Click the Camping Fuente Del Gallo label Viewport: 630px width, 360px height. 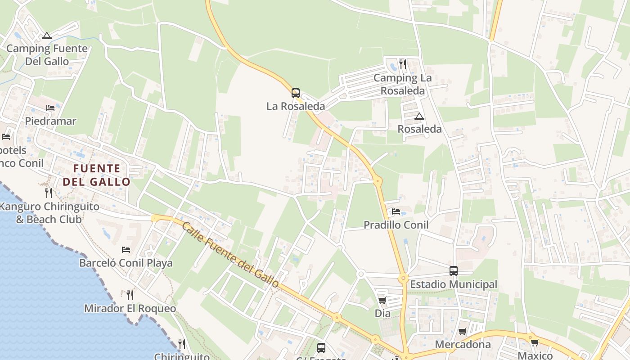(x=47, y=55)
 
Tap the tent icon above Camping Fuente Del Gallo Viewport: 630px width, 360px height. (x=47, y=36)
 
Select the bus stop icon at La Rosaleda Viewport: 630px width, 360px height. (x=295, y=93)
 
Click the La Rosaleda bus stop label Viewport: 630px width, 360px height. (x=295, y=106)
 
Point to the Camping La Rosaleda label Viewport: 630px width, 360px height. (x=402, y=84)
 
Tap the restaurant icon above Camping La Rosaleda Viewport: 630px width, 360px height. (x=402, y=64)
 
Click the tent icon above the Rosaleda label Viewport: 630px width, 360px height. (x=419, y=117)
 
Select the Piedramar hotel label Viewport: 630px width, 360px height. (x=50, y=121)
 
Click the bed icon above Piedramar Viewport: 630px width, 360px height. (x=50, y=108)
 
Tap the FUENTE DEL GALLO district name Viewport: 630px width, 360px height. (x=97, y=175)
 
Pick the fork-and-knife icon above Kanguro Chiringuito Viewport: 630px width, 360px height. (x=49, y=193)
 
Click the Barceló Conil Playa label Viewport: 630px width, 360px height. (x=126, y=263)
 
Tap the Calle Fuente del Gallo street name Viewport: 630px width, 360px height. (x=230, y=254)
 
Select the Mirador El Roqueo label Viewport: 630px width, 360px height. (x=130, y=309)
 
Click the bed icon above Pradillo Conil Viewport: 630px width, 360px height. (x=396, y=211)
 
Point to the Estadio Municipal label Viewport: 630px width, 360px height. (x=454, y=284)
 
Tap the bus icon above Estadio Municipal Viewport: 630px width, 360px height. (x=454, y=271)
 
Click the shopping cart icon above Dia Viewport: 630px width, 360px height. (x=382, y=300)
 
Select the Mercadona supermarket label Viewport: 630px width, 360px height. (x=463, y=345)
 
